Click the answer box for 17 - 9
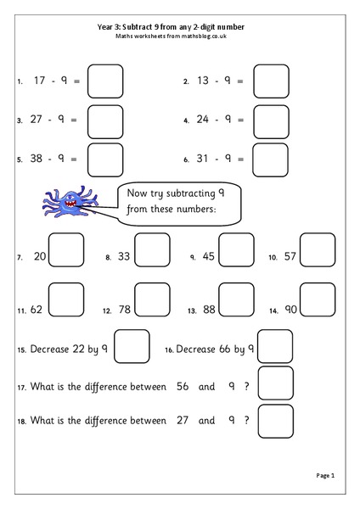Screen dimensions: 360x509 (x=106, y=81)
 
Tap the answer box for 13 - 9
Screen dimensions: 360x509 (x=272, y=81)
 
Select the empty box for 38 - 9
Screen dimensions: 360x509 (x=106, y=159)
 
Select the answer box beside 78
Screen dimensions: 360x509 (x=153, y=299)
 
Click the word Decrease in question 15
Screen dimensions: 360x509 (x=49, y=349)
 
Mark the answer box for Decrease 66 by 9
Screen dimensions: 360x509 (x=275, y=346)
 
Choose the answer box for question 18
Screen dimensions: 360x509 (x=275, y=420)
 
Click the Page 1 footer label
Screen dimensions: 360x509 (x=327, y=476)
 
